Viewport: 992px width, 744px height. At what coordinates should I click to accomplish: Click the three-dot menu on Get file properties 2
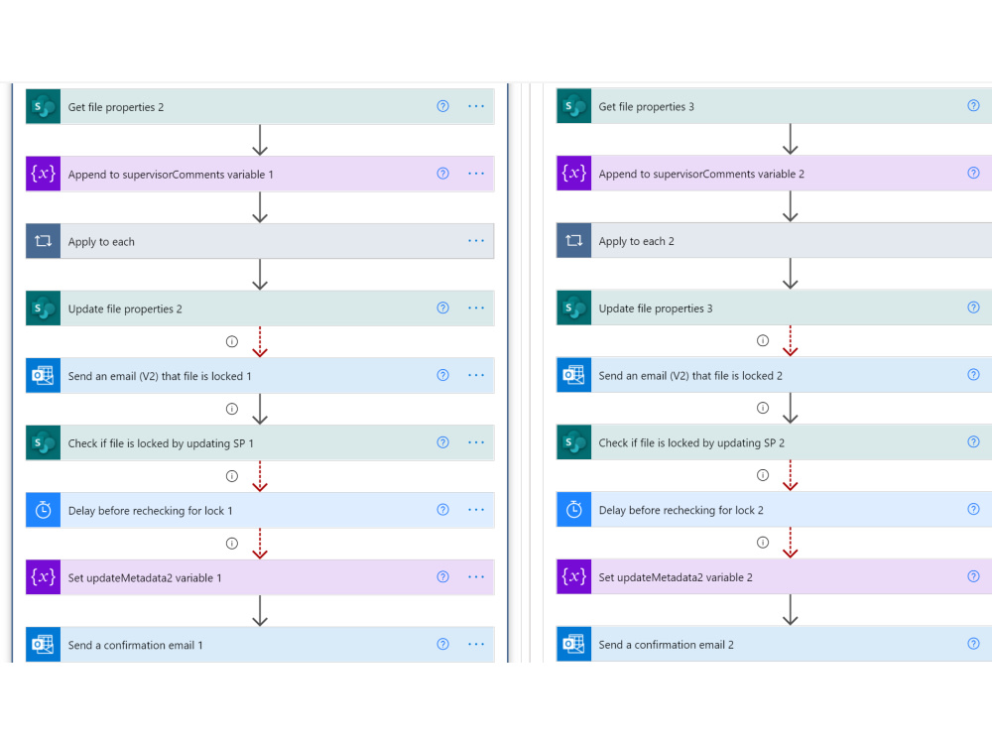coord(476,106)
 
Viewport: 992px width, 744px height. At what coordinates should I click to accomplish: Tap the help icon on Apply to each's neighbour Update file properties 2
coord(442,309)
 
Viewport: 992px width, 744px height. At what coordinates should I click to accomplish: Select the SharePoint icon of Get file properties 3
coord(573,106)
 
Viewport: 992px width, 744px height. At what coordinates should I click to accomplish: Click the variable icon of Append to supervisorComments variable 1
coord(43,174)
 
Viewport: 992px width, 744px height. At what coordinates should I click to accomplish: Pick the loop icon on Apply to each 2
coord(573,241)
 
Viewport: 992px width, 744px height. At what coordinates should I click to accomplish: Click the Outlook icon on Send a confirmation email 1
coord(43,645)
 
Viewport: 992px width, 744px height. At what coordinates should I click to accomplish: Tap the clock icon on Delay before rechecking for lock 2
coord(573,510)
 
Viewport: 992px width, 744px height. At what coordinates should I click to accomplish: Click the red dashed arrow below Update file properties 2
coord(260,341)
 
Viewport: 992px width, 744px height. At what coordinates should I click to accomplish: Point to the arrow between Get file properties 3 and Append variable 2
coord(791,139)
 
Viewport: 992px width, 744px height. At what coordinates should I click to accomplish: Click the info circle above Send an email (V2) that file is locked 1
coord(232,341)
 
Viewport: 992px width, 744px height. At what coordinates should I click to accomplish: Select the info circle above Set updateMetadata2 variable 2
coord(763,543)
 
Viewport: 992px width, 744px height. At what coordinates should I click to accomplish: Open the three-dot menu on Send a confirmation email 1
coord(476,644)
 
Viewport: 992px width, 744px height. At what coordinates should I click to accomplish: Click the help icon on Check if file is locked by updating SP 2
coord(974,441)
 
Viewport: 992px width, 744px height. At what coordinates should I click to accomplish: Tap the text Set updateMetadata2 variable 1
coord(145,577)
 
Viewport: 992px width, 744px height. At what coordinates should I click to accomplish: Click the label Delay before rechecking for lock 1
coord(151,511)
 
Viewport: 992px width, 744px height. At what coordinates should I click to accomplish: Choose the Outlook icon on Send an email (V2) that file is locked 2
coord(573,375)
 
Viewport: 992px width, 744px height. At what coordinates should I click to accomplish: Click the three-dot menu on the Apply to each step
coord(476,240)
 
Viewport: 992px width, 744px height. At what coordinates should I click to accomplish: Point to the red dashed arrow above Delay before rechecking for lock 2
coord(791,476)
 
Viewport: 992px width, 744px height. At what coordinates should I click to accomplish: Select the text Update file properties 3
coord(656,309)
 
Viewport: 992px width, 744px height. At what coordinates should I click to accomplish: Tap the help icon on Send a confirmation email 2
coord(974,644)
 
